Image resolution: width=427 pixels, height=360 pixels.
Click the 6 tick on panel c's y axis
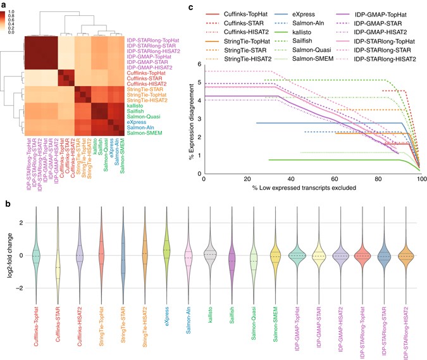[x=199, y=64]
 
